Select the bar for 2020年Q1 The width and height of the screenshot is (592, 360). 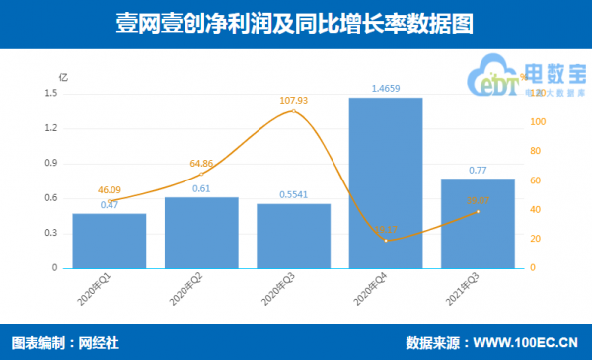click(x=109, y=241)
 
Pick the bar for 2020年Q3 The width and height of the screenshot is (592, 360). click(x=293, y=236)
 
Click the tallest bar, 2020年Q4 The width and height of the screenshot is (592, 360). click(x=385, y=182)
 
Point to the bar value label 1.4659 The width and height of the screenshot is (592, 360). click(x=386, y=88)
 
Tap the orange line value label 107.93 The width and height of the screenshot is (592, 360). click(x=295, y=100)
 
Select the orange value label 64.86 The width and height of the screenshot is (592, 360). click(x=200, y=163)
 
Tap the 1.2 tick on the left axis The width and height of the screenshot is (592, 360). click(x=51, y=128)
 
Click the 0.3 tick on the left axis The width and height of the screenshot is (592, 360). click(x=51, y=233)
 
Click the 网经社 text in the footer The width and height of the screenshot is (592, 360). click(x=100, y=344)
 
